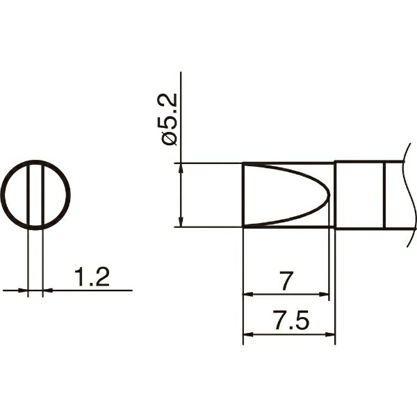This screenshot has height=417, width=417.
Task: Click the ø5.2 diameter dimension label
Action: point(169,120)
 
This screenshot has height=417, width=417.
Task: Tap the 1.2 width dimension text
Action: point(92,277)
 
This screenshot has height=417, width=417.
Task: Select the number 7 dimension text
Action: point(286,281)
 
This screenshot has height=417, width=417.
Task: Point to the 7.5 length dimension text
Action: point(291,320)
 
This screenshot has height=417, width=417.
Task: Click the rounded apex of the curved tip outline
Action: point(329,195)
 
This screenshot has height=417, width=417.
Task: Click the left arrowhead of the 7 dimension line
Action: point(248,294)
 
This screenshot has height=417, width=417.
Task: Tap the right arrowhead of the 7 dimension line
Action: point(324,294)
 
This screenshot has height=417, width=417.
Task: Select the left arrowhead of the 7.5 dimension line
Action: point(248,334)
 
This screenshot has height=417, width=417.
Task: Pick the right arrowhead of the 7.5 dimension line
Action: point(330,334)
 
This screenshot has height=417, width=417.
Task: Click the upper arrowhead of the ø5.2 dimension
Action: point(181,168)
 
